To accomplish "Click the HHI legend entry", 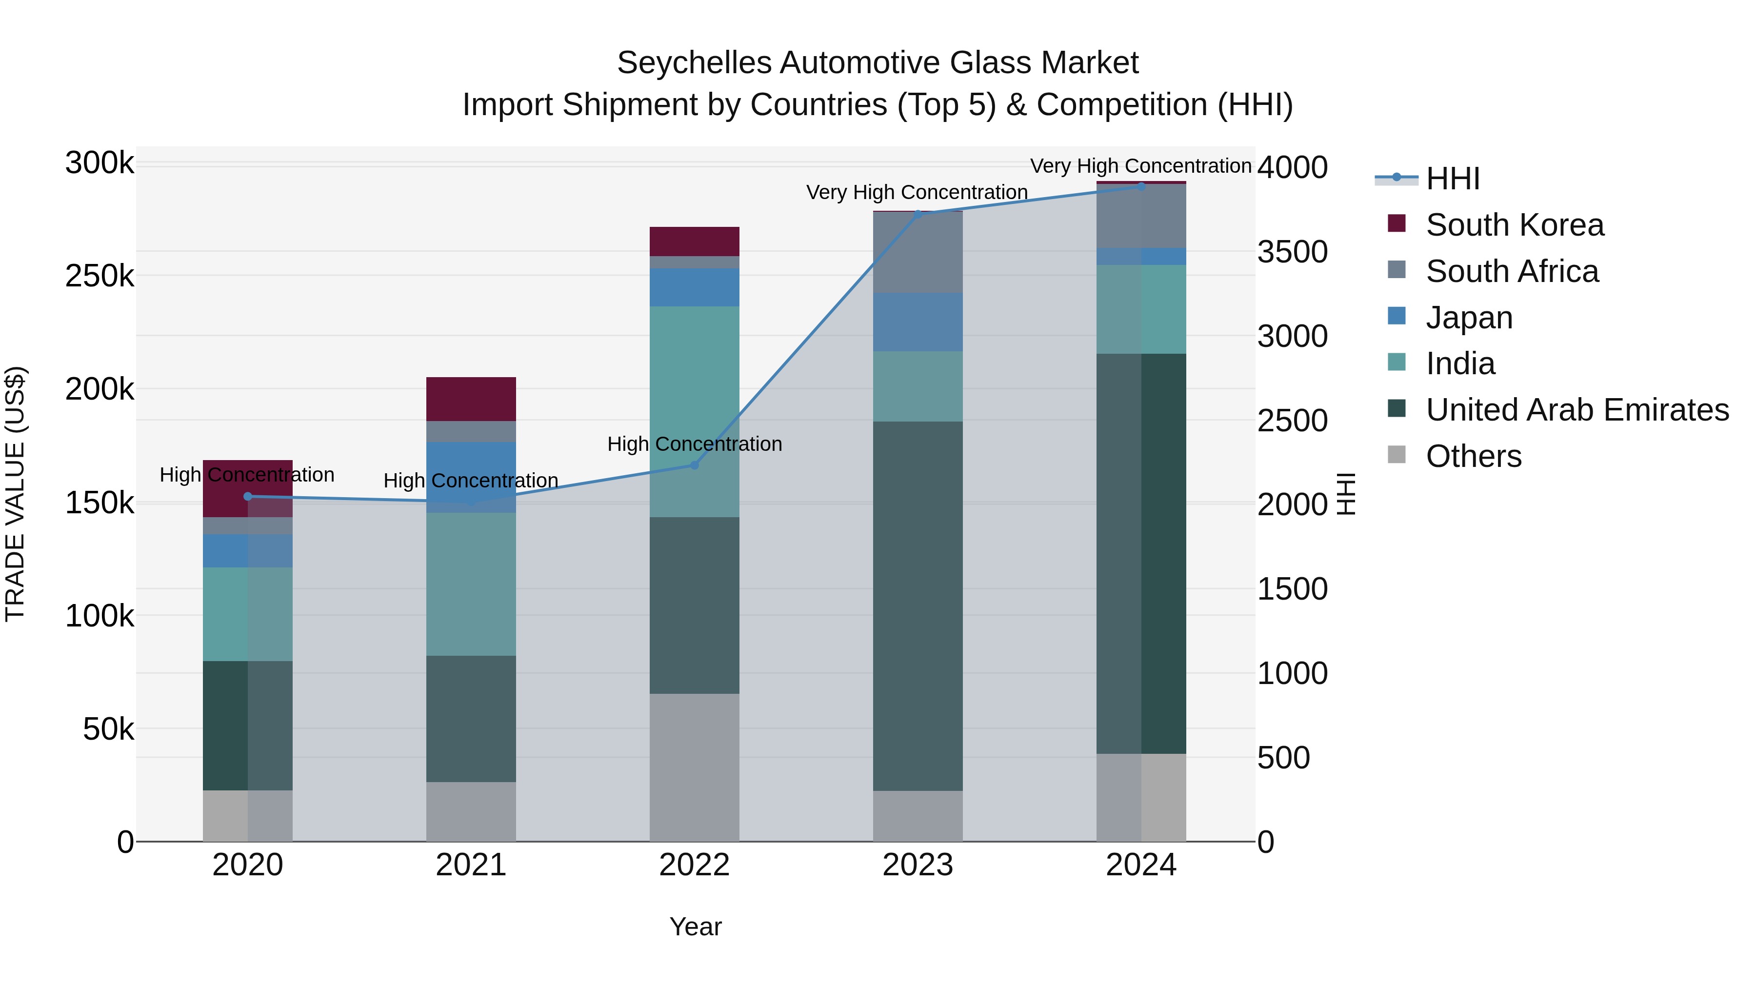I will coord(1452,179).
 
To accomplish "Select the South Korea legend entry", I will coord(1514,225).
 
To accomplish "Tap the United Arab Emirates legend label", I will coord(1576,410).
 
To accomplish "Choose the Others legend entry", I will coord(1473,456).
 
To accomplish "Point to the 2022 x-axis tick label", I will coord(694,865).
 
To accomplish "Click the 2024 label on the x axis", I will coord(1140,865).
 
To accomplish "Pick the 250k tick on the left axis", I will coord(100,276).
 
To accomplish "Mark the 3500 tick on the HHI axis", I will coord(1292,252).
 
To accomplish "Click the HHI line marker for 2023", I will coord(918,214).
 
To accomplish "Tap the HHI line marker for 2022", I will coord(694,465).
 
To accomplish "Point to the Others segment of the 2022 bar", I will coord(694,767).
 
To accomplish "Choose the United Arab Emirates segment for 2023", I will coord(918,605).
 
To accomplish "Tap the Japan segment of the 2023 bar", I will coord(918,322).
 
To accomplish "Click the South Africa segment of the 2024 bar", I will coord(1140,216).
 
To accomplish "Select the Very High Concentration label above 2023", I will coord(917,192).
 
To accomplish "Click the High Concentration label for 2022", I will coord(694,444).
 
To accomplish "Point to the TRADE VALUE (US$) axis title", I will coord(15,494).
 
